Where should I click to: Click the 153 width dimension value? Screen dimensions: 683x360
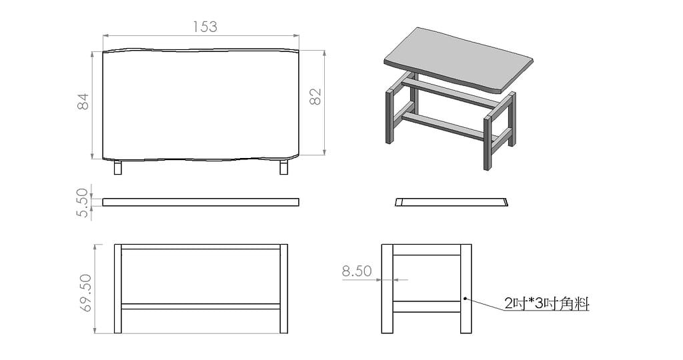[205, 27]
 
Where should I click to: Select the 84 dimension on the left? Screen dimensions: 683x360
[83, 101]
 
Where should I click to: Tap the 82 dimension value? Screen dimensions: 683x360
[315, 97]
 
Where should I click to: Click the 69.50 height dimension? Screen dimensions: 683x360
[85, 293]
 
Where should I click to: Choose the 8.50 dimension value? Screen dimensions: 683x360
[357, 271]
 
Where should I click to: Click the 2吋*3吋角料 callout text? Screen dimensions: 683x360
[547, 303]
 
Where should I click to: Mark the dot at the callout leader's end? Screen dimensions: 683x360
[465, 299]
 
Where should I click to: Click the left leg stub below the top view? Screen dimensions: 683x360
[117, 167]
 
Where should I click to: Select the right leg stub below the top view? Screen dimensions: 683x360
[283, 167]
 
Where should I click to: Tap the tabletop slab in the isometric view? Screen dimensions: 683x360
[459, 59]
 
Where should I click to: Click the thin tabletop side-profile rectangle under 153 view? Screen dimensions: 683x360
[201, 202]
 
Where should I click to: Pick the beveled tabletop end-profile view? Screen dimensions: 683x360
[452, 202]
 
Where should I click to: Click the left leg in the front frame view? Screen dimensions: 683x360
[117, 289]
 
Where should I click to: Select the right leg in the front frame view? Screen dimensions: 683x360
[283, 289]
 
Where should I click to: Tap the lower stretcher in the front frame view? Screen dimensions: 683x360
[201, 307]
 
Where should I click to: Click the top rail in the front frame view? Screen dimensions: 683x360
[201, 247]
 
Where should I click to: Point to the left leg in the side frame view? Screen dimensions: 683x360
[388, 289]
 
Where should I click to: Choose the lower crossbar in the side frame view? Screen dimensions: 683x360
[427, 307]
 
